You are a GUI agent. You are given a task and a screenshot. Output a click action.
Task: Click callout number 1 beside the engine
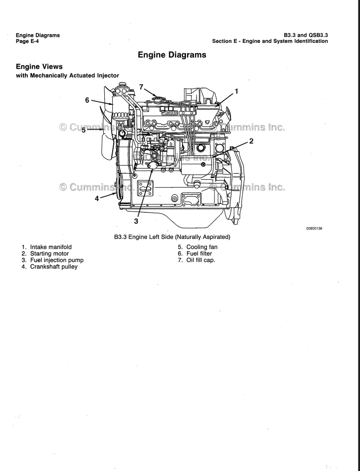236,91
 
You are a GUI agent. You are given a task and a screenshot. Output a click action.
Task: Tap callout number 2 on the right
251,141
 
